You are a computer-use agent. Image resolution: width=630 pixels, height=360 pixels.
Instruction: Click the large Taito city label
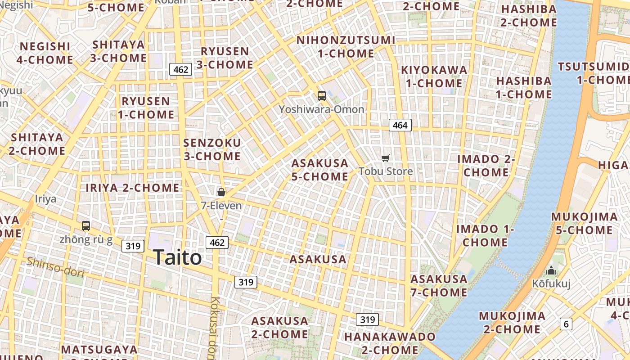177,258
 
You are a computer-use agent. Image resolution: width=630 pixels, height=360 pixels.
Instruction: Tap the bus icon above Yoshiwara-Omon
321,95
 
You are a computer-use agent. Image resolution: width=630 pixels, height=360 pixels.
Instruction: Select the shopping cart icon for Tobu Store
385,158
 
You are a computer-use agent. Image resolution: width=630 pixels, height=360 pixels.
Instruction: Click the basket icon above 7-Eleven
221,192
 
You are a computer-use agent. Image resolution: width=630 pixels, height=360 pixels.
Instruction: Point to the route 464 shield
400,125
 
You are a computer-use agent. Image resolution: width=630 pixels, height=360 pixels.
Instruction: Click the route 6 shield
566,324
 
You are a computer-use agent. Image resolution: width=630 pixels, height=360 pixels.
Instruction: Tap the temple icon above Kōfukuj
551,271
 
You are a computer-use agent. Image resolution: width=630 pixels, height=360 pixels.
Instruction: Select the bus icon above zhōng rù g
85,226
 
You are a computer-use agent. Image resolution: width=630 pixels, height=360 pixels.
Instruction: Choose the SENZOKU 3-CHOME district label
212,149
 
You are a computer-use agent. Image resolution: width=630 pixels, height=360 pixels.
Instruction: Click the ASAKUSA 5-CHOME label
319,170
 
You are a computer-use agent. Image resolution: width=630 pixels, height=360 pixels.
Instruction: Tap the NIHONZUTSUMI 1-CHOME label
346,47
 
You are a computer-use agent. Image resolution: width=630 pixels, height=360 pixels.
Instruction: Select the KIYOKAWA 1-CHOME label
434,76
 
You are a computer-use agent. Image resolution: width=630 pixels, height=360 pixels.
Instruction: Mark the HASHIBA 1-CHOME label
524,88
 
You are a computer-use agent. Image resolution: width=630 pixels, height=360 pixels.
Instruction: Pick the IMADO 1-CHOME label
485,235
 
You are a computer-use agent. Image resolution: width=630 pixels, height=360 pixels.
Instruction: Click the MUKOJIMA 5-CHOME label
584,224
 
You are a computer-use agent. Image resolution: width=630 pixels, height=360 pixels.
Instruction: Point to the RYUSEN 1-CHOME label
146,108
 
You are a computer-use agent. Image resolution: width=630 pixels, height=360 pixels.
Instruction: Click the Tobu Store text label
386,171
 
